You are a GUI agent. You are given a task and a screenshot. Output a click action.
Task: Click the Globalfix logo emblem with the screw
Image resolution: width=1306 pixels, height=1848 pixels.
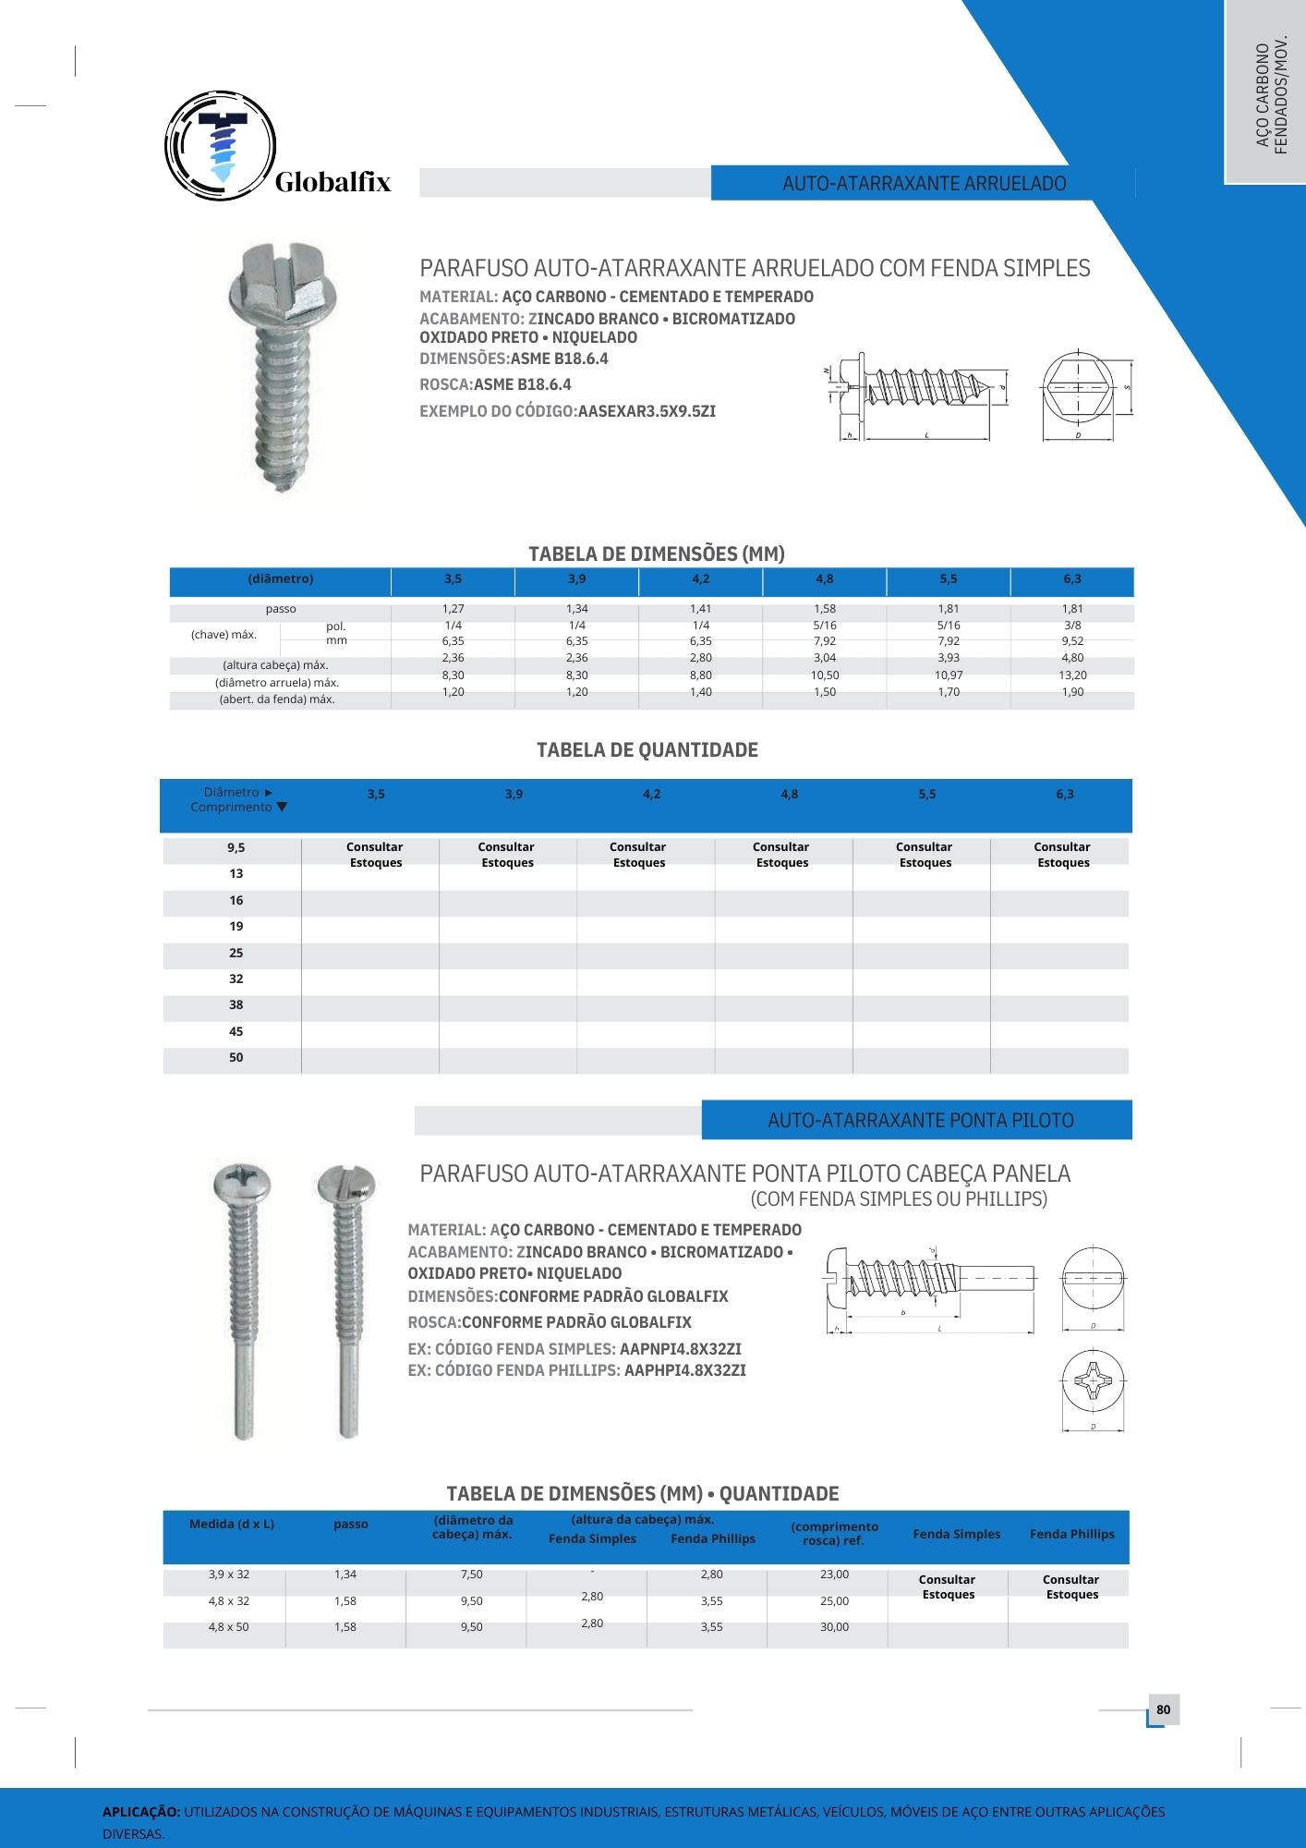click(220, 146)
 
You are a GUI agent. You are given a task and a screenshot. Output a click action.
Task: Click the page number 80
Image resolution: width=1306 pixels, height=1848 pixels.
click(1163, 1709)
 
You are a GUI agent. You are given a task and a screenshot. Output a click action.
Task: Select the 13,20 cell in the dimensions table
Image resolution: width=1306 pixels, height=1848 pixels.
click(1072, 675)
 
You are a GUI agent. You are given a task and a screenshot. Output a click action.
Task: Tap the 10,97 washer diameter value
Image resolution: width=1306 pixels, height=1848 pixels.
click(949, 675)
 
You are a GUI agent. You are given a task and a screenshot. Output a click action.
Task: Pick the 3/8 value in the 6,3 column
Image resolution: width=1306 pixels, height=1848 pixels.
click(1072, 626)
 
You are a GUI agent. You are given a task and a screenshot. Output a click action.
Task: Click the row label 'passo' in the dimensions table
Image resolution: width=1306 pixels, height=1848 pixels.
click(281, 609)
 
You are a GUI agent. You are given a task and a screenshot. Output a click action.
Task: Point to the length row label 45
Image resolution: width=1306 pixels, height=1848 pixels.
click(236, 1031)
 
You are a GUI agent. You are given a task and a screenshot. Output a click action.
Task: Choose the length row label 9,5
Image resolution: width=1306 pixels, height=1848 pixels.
click(236, 847)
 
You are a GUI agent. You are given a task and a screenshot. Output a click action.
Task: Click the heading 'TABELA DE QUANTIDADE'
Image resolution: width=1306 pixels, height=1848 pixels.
click(647, 750)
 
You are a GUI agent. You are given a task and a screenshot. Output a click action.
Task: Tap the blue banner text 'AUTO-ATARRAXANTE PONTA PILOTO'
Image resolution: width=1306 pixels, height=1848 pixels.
click(920, 1121)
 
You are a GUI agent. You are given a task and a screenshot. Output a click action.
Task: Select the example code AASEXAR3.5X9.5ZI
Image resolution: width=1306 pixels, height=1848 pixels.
click(647, 411)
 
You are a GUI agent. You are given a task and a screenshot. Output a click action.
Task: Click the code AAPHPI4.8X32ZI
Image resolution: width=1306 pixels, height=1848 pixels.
click(684, 1370)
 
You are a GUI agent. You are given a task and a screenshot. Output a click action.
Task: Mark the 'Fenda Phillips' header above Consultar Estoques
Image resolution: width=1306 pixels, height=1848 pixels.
click(1071, 1534)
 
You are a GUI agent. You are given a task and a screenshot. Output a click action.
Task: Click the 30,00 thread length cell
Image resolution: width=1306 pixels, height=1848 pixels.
click(834, 1627)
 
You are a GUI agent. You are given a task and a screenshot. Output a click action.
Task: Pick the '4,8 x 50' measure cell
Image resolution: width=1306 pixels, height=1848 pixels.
click(228, 1627)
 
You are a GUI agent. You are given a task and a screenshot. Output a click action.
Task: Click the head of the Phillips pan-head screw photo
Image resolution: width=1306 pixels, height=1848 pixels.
click(241, 1182)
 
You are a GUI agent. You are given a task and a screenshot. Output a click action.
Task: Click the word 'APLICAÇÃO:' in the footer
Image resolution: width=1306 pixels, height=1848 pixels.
click(141, 1812)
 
